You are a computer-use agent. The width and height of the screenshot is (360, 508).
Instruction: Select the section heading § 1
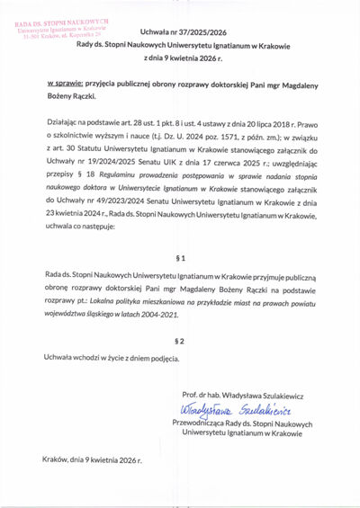[180, 257]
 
